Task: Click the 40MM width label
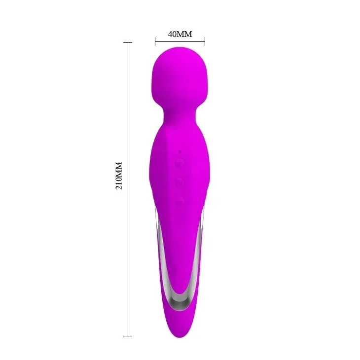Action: tap(180, 34)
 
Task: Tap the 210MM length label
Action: tap(119, 176)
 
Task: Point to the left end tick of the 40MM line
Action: tap(155, 41)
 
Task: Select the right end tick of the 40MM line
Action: tap(205, 41)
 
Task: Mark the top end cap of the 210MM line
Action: tap(128, 43)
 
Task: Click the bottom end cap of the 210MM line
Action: tap(128, 336)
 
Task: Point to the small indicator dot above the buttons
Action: tap(180, 151)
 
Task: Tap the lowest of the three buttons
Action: tap(180, 201)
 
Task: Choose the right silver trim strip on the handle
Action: tap(203, 247)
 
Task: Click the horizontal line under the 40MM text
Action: tap(180, 41)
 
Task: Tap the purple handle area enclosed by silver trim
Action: tap(180, 247)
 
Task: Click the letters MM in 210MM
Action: tap(119, 167)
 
